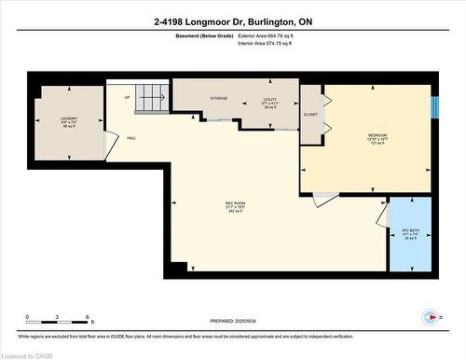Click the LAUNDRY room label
coord(67,119)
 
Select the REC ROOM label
coord(235,202)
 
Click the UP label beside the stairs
coord(126,96)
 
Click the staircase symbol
coord(152,94)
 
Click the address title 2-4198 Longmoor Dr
coord(232,20)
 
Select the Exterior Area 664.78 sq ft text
coord(272,35)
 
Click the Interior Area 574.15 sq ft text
coord(271,44)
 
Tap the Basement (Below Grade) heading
coord(204,35)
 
